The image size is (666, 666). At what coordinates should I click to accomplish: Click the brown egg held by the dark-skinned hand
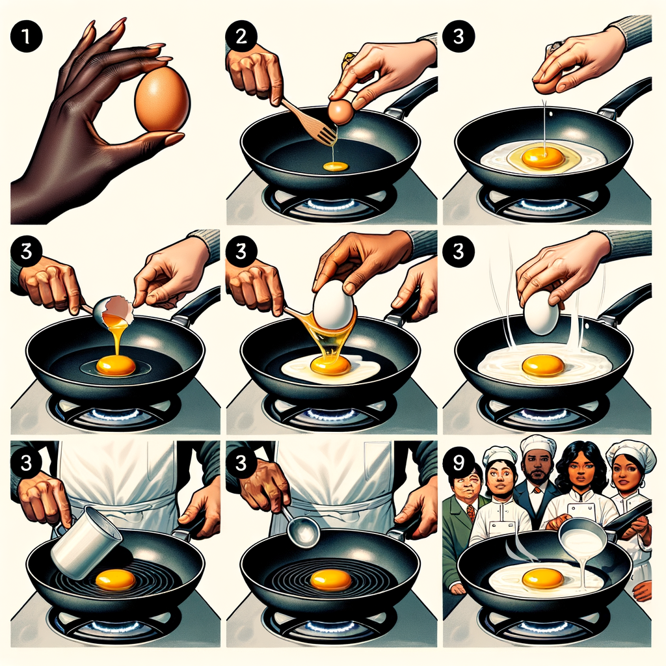click(x=161, y=98)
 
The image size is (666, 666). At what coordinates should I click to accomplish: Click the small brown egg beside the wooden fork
click(x=341, y=112)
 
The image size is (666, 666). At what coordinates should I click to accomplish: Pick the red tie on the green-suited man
click(x=471, y=513)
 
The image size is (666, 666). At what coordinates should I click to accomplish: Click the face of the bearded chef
click(x=537, y=466)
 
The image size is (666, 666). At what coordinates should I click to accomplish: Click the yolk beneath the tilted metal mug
click(x=114, y=579)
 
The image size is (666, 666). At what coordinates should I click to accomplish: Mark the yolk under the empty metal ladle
click(x=330, y=579)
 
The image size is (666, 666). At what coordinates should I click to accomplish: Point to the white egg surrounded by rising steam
click(x=541, y=313)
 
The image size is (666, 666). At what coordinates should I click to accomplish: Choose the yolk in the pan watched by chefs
click(x=542, y=577)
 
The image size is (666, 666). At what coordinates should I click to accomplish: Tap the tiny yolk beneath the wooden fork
click(x=336, y=166)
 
